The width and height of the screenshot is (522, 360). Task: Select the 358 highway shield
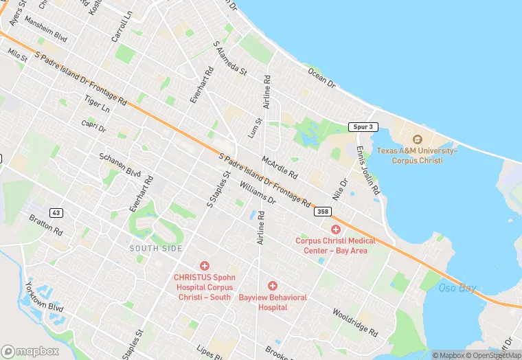point(323,212)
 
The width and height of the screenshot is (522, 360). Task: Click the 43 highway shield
point(56,213)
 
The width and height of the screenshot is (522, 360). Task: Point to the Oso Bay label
point(457,288)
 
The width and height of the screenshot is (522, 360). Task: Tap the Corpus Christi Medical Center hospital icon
point(336,229)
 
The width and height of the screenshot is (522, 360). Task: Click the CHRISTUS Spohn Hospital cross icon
point(204,265)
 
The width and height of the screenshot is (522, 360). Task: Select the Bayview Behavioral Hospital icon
point(273,285)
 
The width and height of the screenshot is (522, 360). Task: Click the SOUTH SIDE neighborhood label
point(156,248)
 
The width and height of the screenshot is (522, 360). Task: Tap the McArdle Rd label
point(280,167)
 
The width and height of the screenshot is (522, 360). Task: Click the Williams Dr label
point(258,192)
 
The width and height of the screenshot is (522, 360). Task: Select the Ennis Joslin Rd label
point(368,170)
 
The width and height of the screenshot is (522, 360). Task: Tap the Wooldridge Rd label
point(354,323)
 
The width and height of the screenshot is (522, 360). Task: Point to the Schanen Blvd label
point(120,165)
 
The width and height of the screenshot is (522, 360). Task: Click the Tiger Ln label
point(96,104)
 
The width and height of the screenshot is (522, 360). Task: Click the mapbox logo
point(30,351)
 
